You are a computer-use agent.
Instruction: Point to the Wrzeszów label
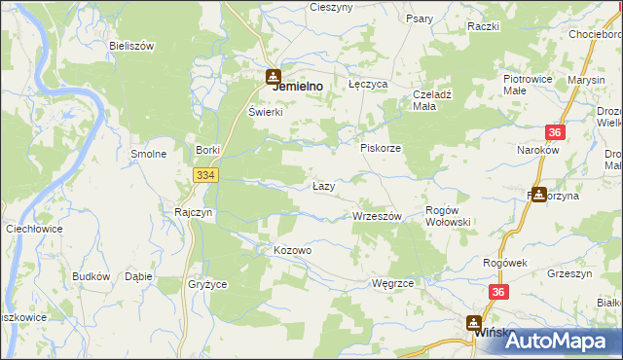pyautogui.click(x=377, y=216)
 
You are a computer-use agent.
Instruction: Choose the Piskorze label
pyautogui.click(x=381, y=148)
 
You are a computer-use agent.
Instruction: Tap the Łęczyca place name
pyautogui.click(x=368, y=85)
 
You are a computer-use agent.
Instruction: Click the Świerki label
pyautogui.click(x=265, y=112)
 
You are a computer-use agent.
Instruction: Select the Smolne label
pyautogui.click(x=149, y=154)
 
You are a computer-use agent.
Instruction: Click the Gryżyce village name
pyautogui.click(x=206, y=285)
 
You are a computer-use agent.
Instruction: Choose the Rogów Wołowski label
pyautogui.click(x=449, y=216)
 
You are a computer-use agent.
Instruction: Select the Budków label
pyautogui.click(x=91, y=276)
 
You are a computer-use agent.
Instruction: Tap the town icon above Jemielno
pyautogui.click(x=275, y=73)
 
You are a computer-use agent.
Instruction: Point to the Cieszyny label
pyautogui.click(x=330, y=7)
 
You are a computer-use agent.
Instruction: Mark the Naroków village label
pyautogui.click(x=537, y=151)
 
